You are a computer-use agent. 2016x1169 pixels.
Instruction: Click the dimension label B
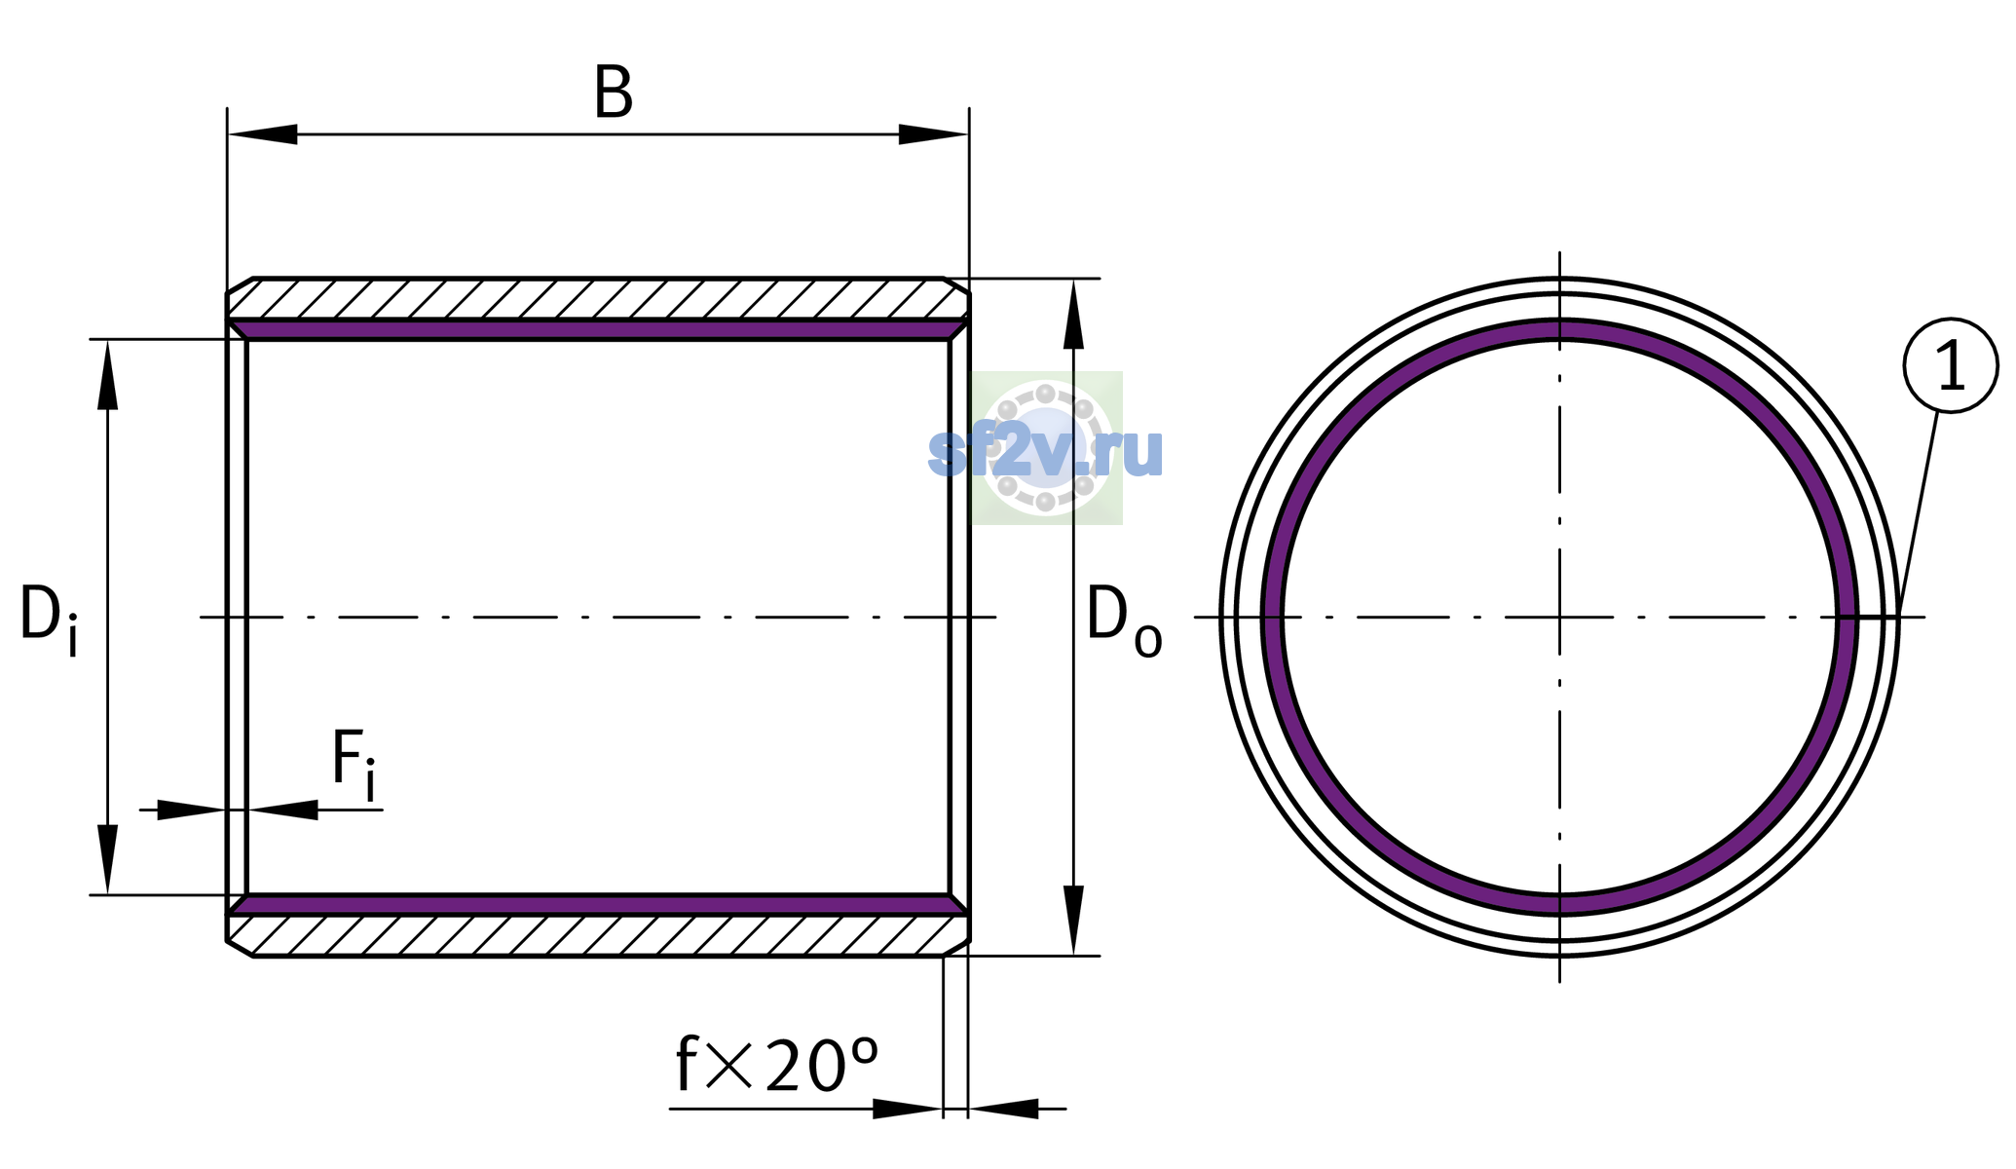coord(614,94)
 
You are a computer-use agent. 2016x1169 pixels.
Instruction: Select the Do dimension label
coord(1124,620)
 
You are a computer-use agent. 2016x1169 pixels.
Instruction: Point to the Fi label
coord(354,765)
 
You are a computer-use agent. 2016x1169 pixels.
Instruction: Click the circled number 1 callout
coord(1951,365)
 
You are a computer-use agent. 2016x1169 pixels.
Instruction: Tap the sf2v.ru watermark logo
coord(1046,448)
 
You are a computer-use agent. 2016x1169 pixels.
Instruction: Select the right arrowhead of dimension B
coord(933,134)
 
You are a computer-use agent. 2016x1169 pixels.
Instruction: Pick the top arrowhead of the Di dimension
coord(107,374)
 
